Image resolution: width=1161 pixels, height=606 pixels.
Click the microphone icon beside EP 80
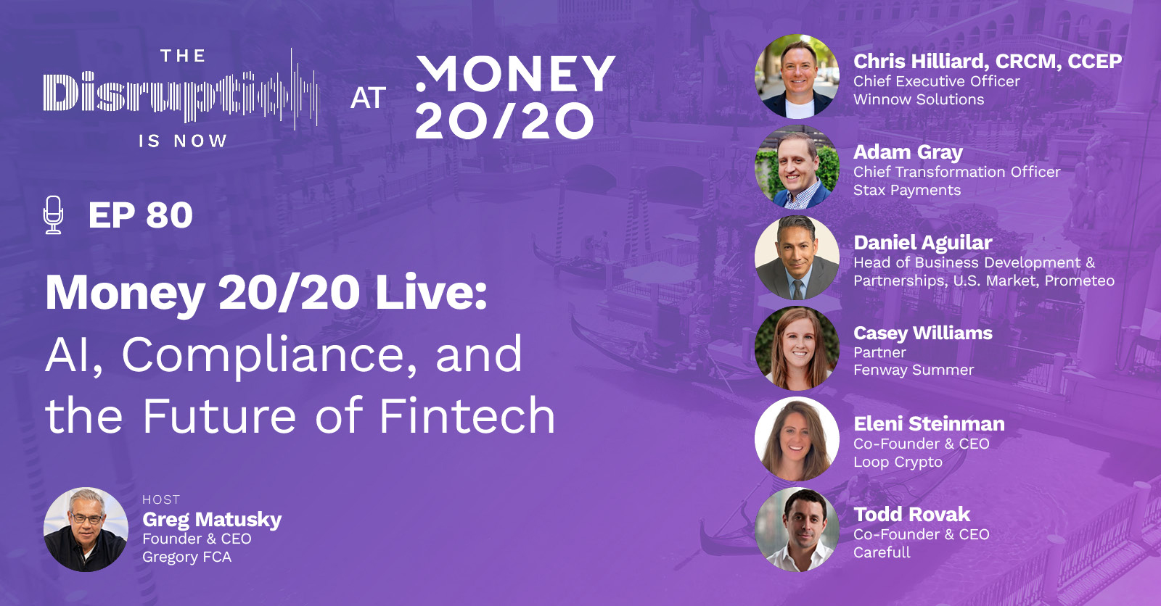pyautogui.click(x=54, y=215)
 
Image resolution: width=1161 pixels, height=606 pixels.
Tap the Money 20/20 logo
pyautogui.click(x=516, y=97)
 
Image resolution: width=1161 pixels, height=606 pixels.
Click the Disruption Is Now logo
pyautogui.click(x=181, y=97)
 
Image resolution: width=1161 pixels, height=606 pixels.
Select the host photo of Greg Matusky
pyautogui.click(x=86, y=529)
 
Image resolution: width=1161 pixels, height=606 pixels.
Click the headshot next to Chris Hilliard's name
pyautogui.click(x=797, y=76)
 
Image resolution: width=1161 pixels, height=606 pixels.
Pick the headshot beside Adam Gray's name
pyautogui.click(x=797, y=167)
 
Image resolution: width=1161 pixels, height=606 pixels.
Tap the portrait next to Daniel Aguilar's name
pyautogui.click(x=797, y=257)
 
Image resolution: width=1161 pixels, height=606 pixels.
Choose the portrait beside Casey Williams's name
pyautogui.click(x=797, y=348)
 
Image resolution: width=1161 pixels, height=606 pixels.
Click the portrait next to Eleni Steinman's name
pyautogui.click(x=797, y=439)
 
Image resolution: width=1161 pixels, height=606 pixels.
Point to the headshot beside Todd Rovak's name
pyautogui.click(x=797, y=529)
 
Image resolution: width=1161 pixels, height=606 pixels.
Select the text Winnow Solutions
pyautogui.click(x=919, y=99)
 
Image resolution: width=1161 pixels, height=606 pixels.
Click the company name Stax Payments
pyautogui.click(x=907, y=191)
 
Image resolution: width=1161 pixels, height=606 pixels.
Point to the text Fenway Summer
pyautogui.click(x=914, y=370)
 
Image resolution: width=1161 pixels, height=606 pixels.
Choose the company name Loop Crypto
pyautogui.click(x=898, y=462)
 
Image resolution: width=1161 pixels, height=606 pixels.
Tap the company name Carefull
pyautogui.click(x=882, y=552)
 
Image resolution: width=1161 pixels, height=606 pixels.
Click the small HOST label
pyautogui.click(x=161, y=500)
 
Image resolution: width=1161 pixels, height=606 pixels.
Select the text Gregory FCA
pyautogui.click(x=186, y=557)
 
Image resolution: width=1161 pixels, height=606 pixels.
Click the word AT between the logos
pyautogui.click(x=368, y=98)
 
